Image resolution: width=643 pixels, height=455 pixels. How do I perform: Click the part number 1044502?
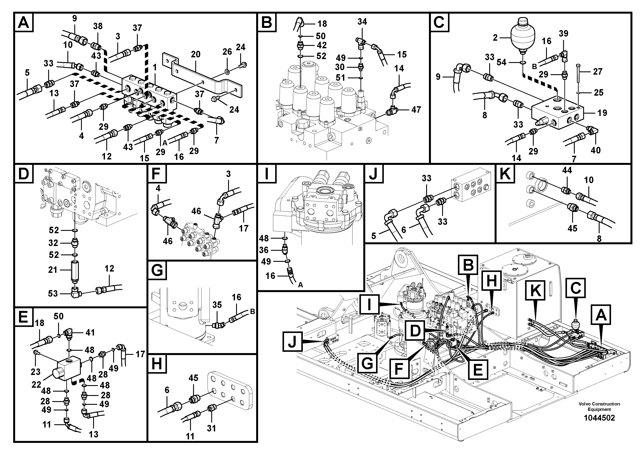click(599, 418)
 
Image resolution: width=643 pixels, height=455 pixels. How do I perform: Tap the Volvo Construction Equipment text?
click(599, 407)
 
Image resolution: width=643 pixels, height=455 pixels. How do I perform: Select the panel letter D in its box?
click(24, 174)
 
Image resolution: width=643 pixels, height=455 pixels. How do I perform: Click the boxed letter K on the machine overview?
click(535, 290)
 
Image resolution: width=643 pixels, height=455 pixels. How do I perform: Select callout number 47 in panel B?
click(416, 110)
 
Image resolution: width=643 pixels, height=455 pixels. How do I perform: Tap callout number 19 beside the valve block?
click(602, 113)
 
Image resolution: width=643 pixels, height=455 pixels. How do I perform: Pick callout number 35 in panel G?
click(217, 305)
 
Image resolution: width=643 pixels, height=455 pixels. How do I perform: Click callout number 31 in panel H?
click(211, 428)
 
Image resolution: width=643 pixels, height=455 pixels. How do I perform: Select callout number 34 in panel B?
click(362, 22)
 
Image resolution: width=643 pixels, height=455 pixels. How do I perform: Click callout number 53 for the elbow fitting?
click(53, 293)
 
